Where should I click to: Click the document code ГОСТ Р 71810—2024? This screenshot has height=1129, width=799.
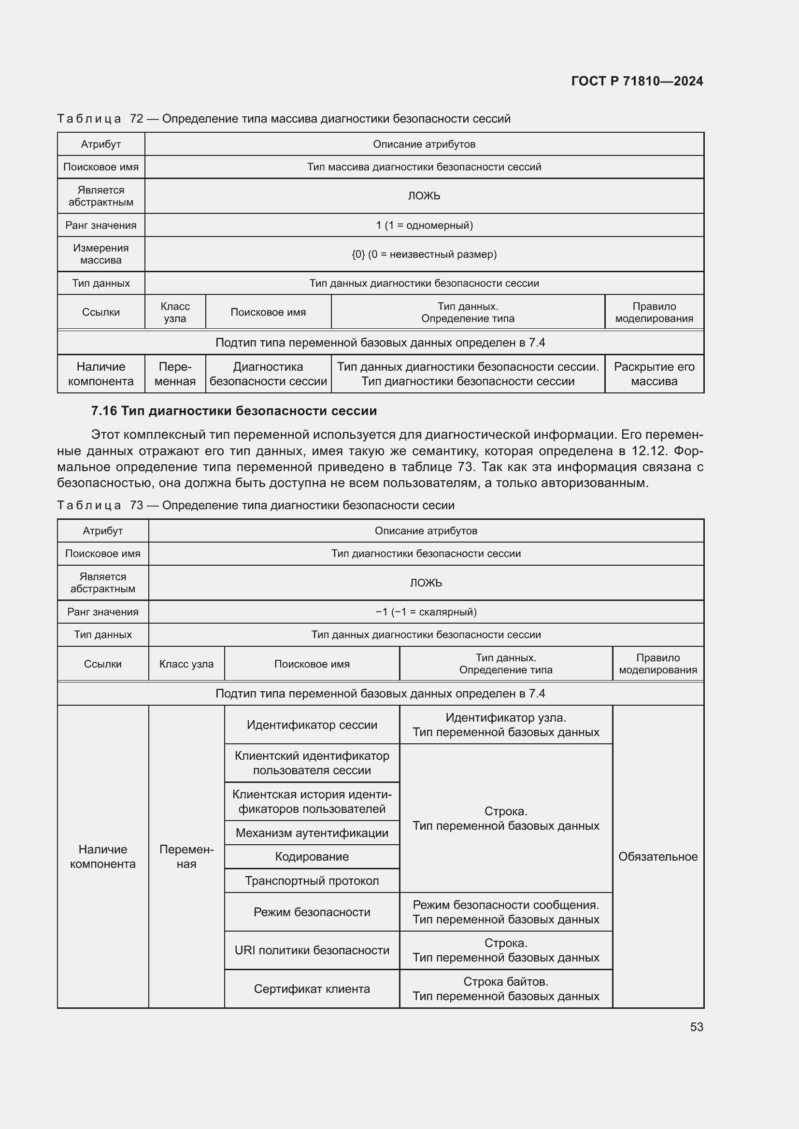click(637, 81)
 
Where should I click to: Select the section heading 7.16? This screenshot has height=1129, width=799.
click(234, 411)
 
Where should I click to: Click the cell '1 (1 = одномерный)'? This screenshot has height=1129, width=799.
click(424, 225)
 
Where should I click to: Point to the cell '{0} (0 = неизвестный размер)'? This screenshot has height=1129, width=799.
click(424, 254)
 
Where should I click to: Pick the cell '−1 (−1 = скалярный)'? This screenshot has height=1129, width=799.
click(426, 612)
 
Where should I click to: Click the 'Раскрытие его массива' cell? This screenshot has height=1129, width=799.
click(654, 374)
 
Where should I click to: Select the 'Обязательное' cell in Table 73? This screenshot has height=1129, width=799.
click(658, 857)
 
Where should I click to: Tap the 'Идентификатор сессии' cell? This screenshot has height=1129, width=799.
click(312, 725)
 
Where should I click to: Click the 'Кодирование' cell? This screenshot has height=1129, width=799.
click(312, 857)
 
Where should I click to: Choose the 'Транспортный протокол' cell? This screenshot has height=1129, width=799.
click(312, 881)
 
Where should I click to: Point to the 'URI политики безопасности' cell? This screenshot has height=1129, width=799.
click(312, 950)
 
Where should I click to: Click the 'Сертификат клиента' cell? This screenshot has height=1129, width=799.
click(312, 989)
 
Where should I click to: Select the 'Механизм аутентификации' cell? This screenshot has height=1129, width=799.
click(312, 833)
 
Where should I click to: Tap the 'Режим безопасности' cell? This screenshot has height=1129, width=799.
click(312, 912)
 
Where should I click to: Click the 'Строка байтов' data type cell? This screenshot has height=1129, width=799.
click(506, 989)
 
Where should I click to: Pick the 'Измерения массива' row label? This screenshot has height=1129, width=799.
click(101, 254)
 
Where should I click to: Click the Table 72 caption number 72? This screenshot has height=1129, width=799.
click(136, 119)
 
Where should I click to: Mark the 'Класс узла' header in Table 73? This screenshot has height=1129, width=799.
click(186, 664)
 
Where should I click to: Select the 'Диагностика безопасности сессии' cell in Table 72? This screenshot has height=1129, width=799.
click(268, 374)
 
